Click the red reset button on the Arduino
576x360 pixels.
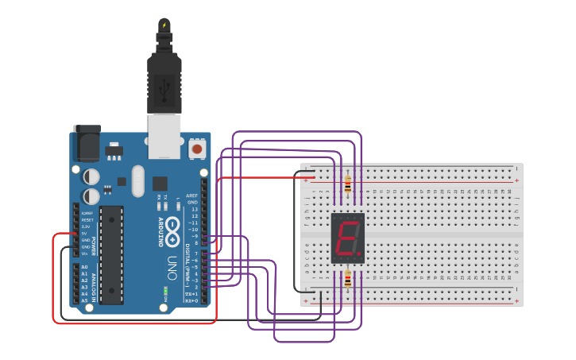pyautogui.click(x=196, y=149)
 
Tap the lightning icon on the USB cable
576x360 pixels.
pyautogui.click(x=164, y=25)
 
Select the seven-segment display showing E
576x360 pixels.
pyautogui.click(x=347, y=238)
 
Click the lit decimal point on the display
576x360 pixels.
pyautogui.click(x=359, y=255)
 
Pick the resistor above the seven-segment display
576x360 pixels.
pyautogui.click(x=348, y=185)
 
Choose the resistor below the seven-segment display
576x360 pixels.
pyautogui.click(x=348, y=280)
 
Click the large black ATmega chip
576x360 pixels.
pyautogui.click(x=111, y=255)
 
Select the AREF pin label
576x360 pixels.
pyautogui.click(x=192, y=195)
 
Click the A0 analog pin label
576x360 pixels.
pyautogui.click(x=84, y=267)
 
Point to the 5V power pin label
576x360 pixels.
pyautogui.click(x=84, y=234)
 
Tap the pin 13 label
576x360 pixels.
pyautogui.click(x=194, y=209)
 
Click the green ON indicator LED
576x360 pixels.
pyautogui.click(x=166, y=289)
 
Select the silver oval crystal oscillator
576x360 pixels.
pyautogui.click(x=138, y=180)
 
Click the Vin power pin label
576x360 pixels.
pyautogui.click(x=84, y=254)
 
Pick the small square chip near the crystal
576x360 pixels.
pyautogui.click(x=160, y=183)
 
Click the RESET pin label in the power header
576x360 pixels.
pyautogui.click(x=87, y=219)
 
